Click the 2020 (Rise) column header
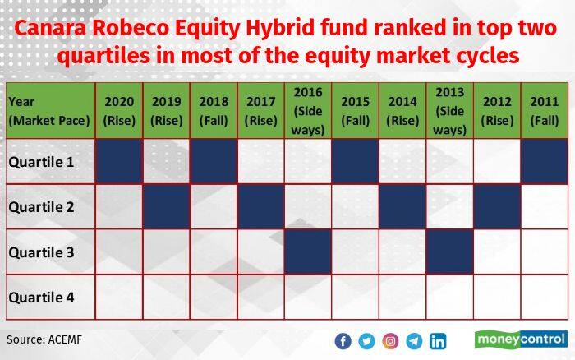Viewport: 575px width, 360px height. [119, 111]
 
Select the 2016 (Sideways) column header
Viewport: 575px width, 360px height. [308, 111]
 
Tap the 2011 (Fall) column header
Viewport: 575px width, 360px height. [545, 111]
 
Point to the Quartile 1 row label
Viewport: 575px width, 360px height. [41, 162]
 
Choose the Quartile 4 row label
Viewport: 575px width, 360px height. [41, 298]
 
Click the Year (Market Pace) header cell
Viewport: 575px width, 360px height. [49, 111]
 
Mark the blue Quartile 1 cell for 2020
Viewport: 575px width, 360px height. [119, 161]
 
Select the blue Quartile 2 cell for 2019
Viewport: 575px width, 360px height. [167, 206]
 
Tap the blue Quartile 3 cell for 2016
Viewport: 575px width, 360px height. [308, 252]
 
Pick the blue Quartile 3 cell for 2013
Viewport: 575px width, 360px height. [450, 252]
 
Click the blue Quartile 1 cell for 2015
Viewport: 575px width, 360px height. [356, 161]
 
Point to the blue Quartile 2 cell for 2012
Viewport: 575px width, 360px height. [497, 206]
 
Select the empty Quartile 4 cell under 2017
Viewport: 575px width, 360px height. [261, 298]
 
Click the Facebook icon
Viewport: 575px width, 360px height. [343, 341]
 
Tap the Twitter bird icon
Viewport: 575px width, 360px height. [366, 341]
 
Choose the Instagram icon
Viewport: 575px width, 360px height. [390, 341]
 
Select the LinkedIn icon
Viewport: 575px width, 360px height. [438, 341]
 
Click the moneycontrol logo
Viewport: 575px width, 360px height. [521, 339]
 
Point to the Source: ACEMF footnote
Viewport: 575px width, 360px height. [44, 339]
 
